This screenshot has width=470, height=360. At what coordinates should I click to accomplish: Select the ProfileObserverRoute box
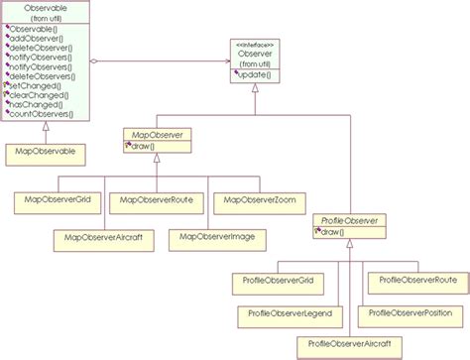pos(411,282)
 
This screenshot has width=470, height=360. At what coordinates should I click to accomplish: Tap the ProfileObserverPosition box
pos(411,314)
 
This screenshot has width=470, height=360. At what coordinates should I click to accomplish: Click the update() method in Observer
pos(256,75)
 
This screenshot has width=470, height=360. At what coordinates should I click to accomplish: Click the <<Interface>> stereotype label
pos(256,43)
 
